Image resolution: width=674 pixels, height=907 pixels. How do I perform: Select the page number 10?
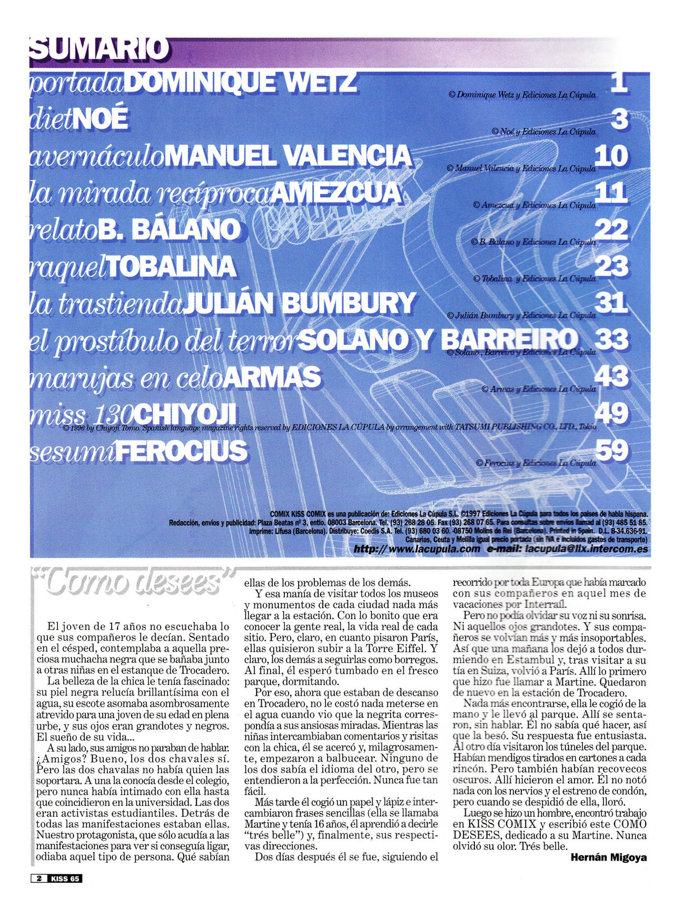pyautogui.click(x=611, y=156)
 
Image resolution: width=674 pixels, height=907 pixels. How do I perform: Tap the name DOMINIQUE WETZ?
pyautogui.click(x=242, y=83)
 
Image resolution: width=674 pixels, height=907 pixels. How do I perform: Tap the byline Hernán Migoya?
pyautogui.click(x=609, y=858)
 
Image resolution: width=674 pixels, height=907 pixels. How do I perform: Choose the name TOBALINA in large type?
pyautogui.click(x=171, y=267)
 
